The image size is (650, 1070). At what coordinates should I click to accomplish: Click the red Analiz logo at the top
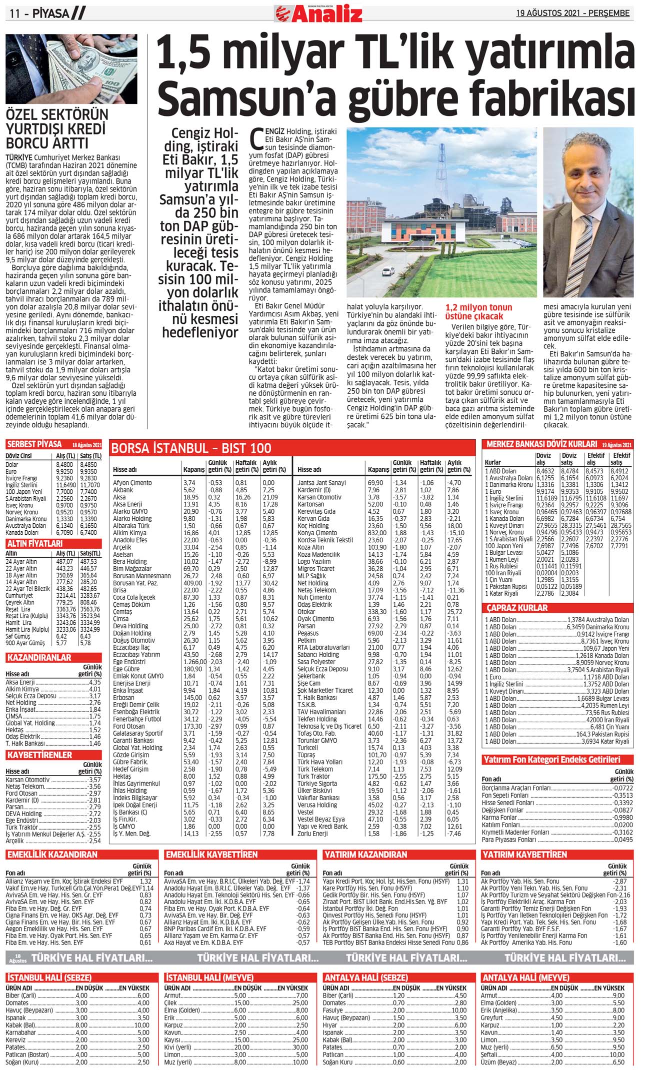[318, 13]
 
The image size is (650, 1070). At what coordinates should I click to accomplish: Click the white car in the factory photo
[388, 272]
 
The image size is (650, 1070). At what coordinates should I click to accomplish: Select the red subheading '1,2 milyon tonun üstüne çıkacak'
[478, 312]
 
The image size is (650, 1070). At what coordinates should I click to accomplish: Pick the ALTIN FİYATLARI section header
[34, 543]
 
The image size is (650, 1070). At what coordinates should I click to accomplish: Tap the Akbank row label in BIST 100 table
[123, 490]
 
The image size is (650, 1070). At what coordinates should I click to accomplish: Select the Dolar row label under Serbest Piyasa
[12, 465]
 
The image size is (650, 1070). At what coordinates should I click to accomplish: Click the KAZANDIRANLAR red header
[38, 658]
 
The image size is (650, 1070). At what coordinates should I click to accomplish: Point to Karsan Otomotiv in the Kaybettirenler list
[28, 780]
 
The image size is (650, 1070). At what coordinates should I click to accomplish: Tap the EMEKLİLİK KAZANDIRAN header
[52, 855]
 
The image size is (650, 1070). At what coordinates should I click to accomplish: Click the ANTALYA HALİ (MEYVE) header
[525, 978]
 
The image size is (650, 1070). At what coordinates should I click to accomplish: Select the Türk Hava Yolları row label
[320, 762]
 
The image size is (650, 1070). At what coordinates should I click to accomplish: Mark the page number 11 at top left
[14, 14]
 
